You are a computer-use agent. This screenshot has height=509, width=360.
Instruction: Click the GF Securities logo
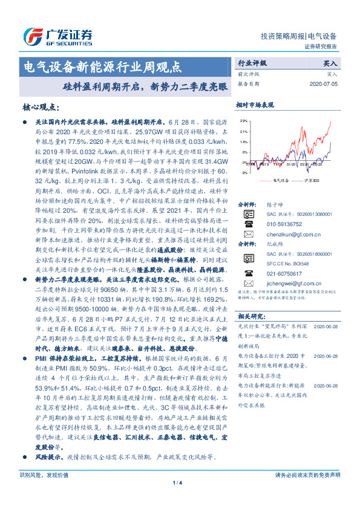[x=57, y=34]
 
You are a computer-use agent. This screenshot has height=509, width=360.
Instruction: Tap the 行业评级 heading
[x=250, y=62]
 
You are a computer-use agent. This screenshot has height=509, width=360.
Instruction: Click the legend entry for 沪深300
[x=310, y=180]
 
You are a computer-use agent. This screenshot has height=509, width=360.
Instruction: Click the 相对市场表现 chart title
[x=255, y=104]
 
